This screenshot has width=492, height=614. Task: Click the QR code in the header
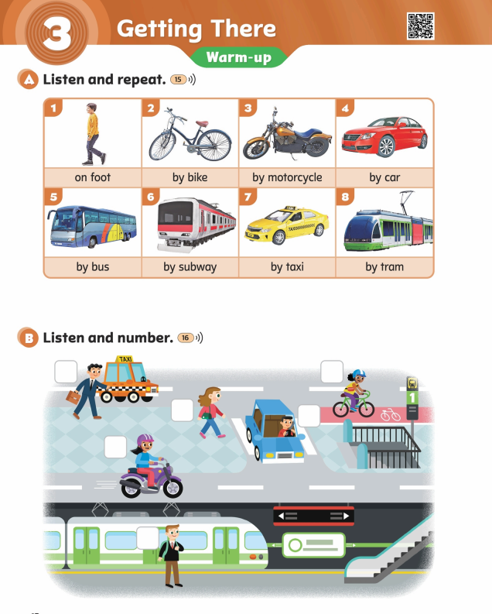pyautogui.click(x=420, y=26)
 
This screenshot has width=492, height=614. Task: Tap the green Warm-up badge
pyautogui.click(x=238, y=57)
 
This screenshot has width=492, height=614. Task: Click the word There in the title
pyautogui.click(x=243, y=29)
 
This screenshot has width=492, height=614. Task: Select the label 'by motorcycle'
pyautogui.click(x=287, y=177)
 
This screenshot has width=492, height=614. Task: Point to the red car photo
pyautogui.click(x=384, y=135)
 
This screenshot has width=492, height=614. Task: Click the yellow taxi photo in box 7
pyautogui.click(x=287, y=225)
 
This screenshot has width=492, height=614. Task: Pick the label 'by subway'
pyautogui.click(x=190, y=267)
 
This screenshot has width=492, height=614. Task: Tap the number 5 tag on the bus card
pyautogui.click(x=53, y=197)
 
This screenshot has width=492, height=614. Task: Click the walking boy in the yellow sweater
pyautogui.click(x=94, y=133)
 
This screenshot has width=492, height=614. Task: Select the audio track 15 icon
pyautogui.click(x=183, y=80)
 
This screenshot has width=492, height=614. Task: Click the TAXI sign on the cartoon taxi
pyautogui.click(x=125, y=359)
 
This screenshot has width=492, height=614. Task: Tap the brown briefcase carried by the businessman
pyautogui.click(x=73, y=397)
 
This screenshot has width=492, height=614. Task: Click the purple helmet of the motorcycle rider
pyautogui.click(x=145, y=440)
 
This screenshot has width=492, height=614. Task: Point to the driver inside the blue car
pyautogui.click(x=287, y=427)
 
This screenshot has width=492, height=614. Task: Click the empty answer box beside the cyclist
pyautogui.click(x=332, y=372)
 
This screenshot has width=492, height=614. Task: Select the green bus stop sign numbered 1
pyautogui.click(x=412, y=397)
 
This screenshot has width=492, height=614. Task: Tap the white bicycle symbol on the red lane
pyautogui.click(x=391, y=415)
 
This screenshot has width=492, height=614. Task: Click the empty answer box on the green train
pyautogui.click(x=148, y=537)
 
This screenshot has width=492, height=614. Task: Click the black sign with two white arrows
pyautogui.click(x=313, y=516)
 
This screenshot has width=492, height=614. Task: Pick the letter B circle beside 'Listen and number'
pyautogui.click(x=28, y=338)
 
